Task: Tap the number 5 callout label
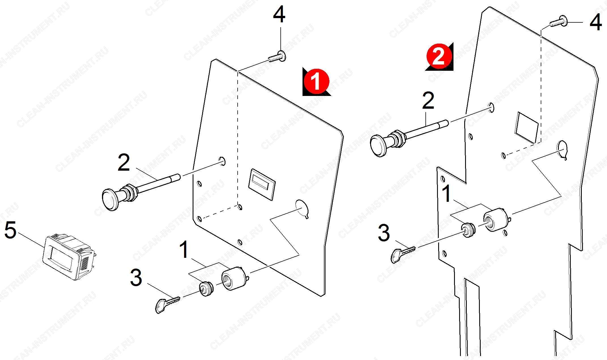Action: pyautogui.click(x=10, y=230)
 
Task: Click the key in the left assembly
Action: pyautogui.click(x=167, y=304)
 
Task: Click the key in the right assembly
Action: pyautogui.click(x=403, y=254)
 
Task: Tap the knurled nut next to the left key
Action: pyautogui.click(x=206, y=289)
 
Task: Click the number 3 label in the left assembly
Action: pyautogui.click(x=136, y=278)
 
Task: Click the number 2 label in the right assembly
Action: pyautogui.click(x=428, y=101)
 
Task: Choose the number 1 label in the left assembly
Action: pyautogui.click(x=184, y=249)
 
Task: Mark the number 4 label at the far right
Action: pyautogui.click(x=595, y=22)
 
